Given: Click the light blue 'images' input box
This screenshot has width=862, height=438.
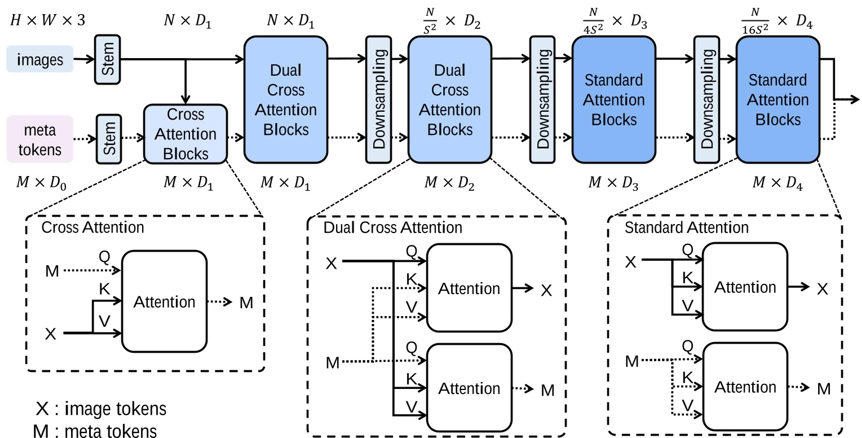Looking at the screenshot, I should tap(39, 59).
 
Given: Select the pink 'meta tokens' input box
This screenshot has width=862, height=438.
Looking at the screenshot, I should tap(39, 139).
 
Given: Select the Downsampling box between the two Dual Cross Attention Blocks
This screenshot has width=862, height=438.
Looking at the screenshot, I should tap(379, 99).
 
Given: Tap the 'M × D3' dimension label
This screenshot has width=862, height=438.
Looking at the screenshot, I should tap(613, 183).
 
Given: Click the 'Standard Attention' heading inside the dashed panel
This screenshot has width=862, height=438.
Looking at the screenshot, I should tap(687, 227).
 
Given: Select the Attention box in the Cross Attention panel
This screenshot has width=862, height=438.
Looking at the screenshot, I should tap(164, 302).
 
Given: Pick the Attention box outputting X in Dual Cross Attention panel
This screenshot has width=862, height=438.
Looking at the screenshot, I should tap(469, 288).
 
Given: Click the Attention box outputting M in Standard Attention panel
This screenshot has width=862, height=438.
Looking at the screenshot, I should tap(745, 387).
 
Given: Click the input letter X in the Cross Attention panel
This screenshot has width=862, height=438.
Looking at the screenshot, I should tap(51, 334).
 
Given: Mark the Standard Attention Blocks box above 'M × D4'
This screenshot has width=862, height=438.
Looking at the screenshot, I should tap(777, 99).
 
